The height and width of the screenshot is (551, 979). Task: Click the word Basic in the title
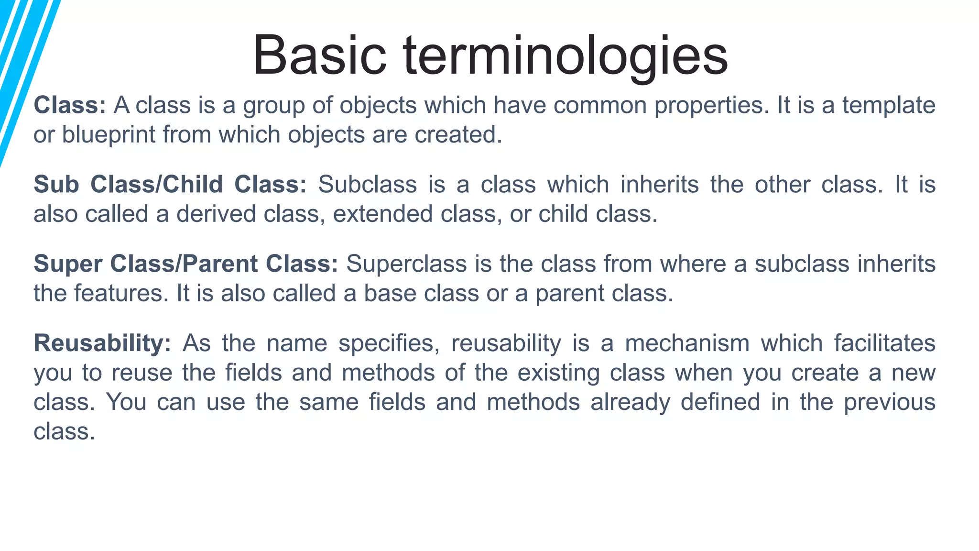point(319,55)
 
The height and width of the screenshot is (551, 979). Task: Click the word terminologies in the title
point(566,55)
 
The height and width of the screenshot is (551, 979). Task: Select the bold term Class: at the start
point(70,105)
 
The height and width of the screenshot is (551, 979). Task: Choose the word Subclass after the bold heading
point(367,185)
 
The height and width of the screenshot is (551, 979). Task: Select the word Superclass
point(406,264)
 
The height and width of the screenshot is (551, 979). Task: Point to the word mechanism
point(687,343)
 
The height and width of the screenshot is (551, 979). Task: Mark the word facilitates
point(885,343)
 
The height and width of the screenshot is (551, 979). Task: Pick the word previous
point(889,402)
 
